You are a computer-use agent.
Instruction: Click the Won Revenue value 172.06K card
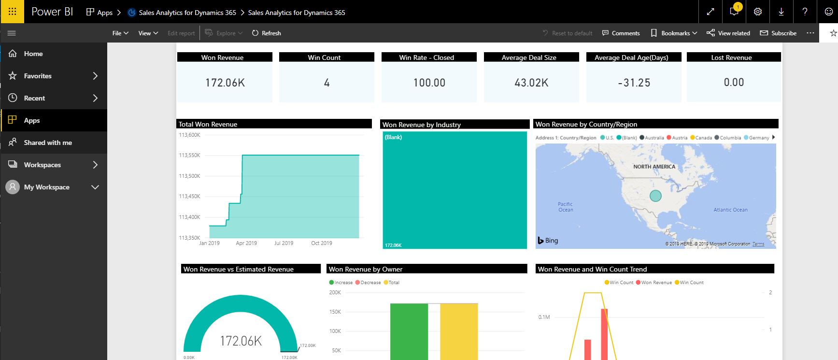(x=225, y=83)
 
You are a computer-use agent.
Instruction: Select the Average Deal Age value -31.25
(x=634, y=83)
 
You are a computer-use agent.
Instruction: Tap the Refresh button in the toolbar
(x=266, y=33)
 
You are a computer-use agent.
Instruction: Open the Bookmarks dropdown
(x=674, y=33)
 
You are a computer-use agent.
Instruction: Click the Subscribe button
(x=778, y=33)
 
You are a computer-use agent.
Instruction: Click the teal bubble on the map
(x=655, y=196)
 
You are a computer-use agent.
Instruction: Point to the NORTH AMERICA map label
(x=654, y=167)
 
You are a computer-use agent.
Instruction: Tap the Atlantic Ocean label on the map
(x=730, y=210)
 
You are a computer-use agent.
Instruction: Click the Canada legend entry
(x=701, y=138)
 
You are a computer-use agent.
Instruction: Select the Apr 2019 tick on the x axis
(x=246, y=243)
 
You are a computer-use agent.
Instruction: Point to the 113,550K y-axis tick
(x=189, y=155)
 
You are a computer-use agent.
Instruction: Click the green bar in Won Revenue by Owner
(x=409, y=331)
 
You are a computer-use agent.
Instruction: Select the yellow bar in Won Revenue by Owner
(x=459, y=331)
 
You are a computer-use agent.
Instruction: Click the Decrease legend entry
(x=368, y=283)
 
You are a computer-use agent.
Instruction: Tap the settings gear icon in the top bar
(x=758, y=12)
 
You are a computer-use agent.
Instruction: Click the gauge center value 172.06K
(x=241, y=341)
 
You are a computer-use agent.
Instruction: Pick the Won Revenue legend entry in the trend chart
(x=654, y=283)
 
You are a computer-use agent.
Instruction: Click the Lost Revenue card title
(x=731, y=58)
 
